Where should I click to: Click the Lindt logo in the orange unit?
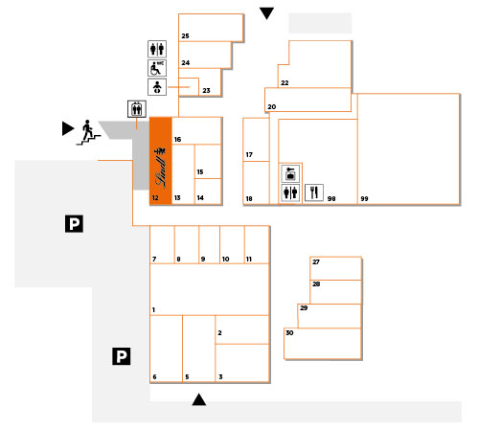tap(161, 168)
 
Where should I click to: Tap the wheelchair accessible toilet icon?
tap(157, 68)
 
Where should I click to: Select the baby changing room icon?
tap(157, 87)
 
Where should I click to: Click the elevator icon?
tap(137, 109)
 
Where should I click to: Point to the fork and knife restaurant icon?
tap(314, 192)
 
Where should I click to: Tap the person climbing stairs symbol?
tap(88, 132)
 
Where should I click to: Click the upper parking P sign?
tap(74, 223)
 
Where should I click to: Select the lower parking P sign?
tap(122, 356)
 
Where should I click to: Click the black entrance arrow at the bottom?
tap(199, 399)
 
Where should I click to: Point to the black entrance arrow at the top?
tap(266, 13)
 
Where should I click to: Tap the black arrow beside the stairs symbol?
tap(68, 128)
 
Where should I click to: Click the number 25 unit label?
tap(185, 36)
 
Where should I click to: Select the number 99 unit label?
tap(364, 199)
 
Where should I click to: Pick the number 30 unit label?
tap(289, 332)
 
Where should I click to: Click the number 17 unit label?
tap(249, 155)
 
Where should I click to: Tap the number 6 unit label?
tap(154, 377)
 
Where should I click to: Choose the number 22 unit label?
tap(285, 83)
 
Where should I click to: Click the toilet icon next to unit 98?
tap(290, 192)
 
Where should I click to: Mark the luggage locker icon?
tap(290, 173)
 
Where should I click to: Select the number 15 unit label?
tap(200, 172)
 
